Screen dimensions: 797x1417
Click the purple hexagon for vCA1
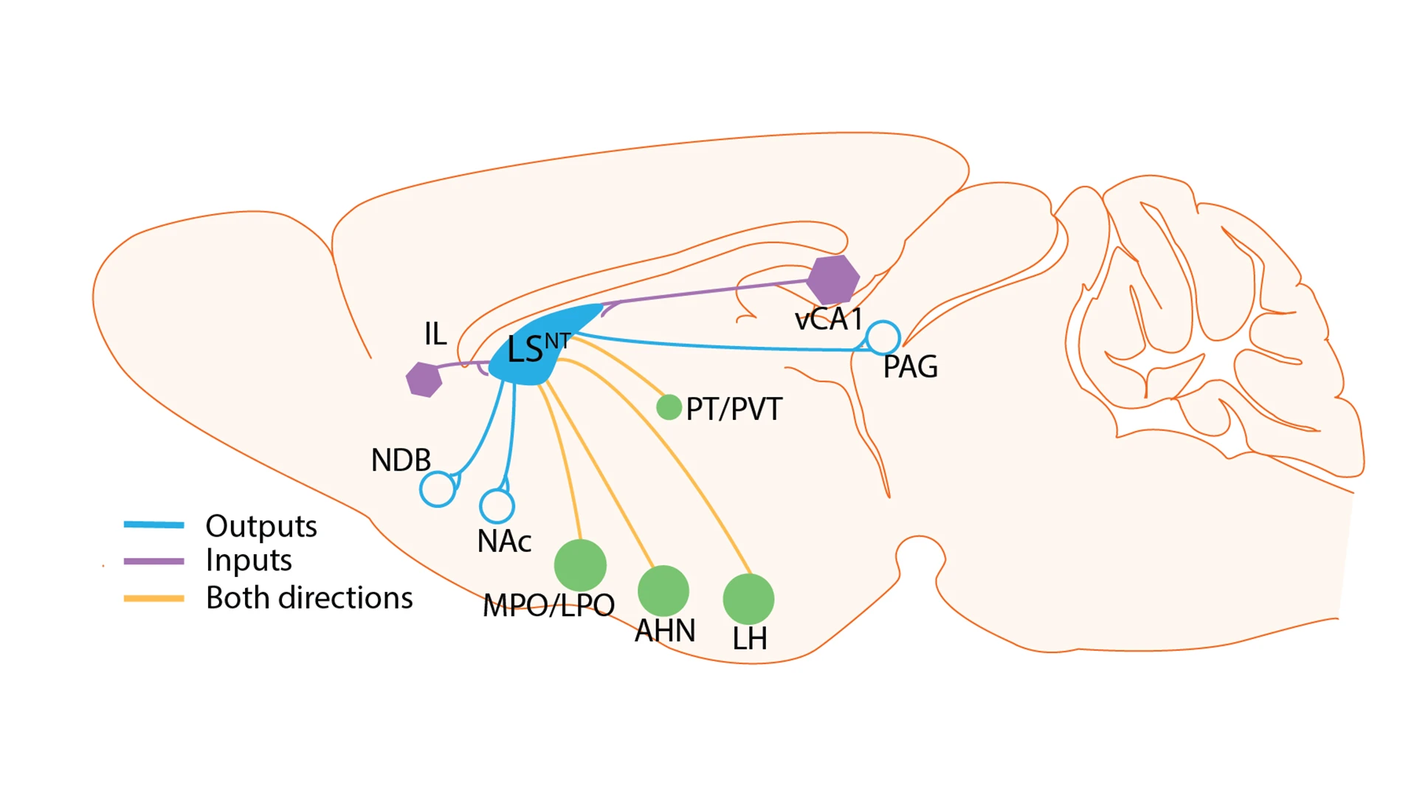pyautogui.click(x=832, y=280)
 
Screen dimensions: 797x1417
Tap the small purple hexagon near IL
pyautogui.click(x=424, y=379)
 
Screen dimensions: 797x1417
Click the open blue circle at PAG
pyautogui.click(x=883, y=338)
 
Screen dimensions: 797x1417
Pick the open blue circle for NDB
pyautogui.click(x=438, y=489)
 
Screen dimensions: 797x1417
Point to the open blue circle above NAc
pyautogui.click(x=497, y=506)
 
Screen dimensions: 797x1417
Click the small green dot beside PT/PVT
pyautogui.click(x=669, y=407)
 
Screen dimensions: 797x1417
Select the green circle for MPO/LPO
pyautogui.click(x=580, y=565)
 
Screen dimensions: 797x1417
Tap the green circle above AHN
pyautogui.click(x=663, y=590)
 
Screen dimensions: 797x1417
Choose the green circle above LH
pyautogui.click(x=748, y=598)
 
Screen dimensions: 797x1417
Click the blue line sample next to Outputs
pyautogui.click(x=154, y=525)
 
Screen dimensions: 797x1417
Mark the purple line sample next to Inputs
pyautogui.click(x=154, y=561)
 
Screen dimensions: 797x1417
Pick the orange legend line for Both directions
pyautogui.click(x=154, y=598)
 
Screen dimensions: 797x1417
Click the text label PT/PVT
pyautogui.click(x=734, y=409)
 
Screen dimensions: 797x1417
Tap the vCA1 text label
pyautogui.click(x=828, y=319)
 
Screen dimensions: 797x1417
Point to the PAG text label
pyautogui.click(x=910, y=367)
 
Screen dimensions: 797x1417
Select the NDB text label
pyautogui.click(x=401, y=460)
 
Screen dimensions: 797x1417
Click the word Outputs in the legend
pyautogui.click(x=261, y=526)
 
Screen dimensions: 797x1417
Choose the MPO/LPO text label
pyautogui.click(x=548, y=605)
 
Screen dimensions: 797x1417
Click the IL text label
pyautogui.click(x=435, y=334)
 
